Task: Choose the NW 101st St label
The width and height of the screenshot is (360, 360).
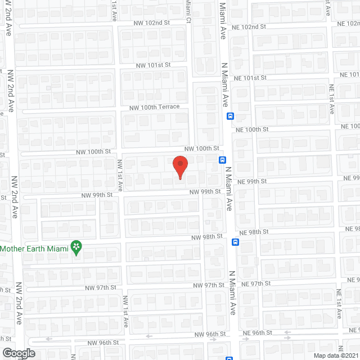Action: point(153,66)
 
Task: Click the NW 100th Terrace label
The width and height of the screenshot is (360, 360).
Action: point(154,107)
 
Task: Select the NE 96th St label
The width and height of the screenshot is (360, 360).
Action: point(257,333)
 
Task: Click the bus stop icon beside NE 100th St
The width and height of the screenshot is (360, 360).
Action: point(231,116)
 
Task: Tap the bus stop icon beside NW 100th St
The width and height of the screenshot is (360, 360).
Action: point(223,159)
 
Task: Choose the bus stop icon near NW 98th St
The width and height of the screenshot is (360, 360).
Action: point(235,242)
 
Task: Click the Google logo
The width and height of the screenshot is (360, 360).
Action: point(18,353)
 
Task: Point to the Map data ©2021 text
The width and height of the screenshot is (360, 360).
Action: point(336,355)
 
